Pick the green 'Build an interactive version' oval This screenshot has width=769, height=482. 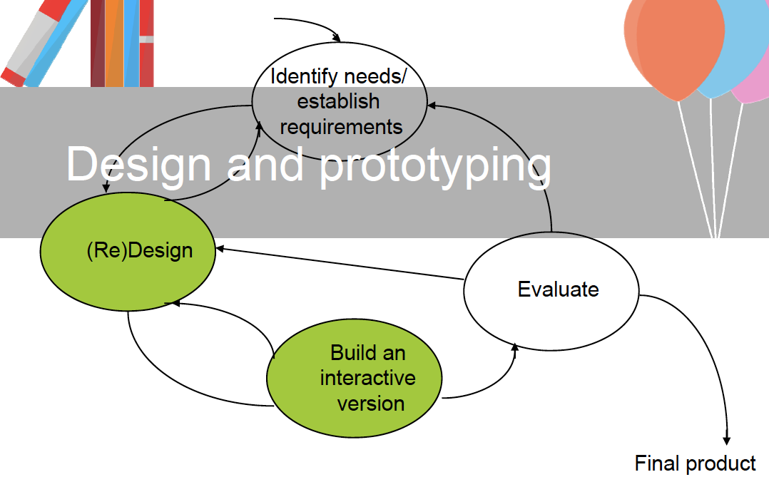[354, 378]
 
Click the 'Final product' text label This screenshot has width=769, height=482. [695, 463]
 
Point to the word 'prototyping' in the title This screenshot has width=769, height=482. [435, 165]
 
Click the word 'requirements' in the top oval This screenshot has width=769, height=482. [341, 127]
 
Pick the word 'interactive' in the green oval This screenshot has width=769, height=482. [367, 377]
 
